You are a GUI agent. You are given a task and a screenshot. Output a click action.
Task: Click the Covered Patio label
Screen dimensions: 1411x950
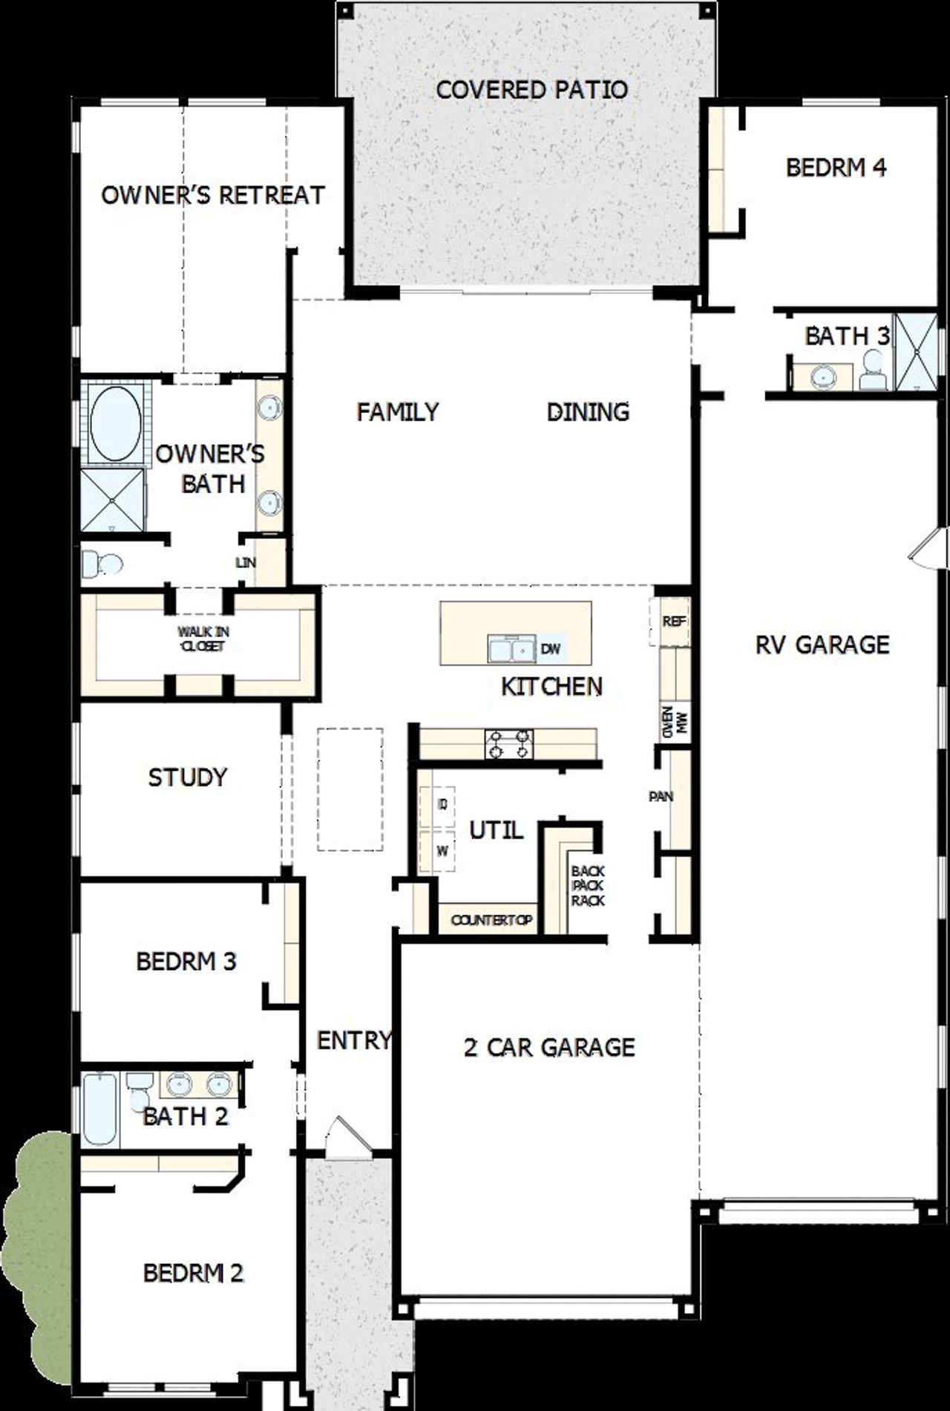tap(531, 90)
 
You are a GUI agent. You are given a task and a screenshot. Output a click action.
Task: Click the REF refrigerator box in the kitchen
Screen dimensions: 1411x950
tap(674, 622)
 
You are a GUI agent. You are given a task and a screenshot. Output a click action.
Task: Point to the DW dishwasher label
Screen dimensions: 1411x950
tap(550, 649)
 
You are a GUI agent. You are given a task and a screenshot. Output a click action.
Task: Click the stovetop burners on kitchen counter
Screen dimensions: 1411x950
tap(509, 744)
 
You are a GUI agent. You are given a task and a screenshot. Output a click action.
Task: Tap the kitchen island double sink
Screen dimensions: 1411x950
tap(511, 649)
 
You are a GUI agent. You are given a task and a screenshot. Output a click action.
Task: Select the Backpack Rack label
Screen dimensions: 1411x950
tap(588, 886)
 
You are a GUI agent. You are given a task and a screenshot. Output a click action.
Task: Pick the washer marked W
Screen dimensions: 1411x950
tap(442, 851)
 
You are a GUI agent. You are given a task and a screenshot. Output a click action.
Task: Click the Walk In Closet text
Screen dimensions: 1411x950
tap(202, 639)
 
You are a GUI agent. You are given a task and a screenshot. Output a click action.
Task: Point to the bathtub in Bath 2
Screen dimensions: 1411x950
tap(99, 1109)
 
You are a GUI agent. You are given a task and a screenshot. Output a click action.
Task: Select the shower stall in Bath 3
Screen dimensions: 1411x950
tap(916, 352)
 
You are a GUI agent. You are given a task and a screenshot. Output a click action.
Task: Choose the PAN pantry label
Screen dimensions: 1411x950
tap(661, 797)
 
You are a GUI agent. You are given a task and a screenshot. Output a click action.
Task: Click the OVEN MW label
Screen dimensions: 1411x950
tap(674, 721)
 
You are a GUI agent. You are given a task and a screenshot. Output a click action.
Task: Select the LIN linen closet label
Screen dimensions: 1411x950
tap(246, 563)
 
